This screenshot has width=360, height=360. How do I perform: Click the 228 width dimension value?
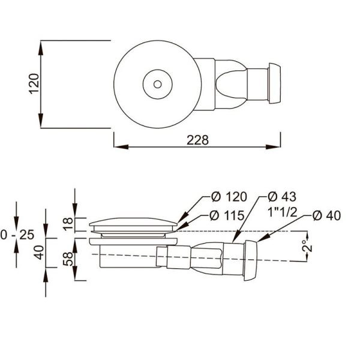197,140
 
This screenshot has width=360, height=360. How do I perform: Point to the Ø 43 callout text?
282,197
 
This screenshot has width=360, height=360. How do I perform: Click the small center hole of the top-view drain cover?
157,83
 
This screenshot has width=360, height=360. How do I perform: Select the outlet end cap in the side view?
251,259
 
